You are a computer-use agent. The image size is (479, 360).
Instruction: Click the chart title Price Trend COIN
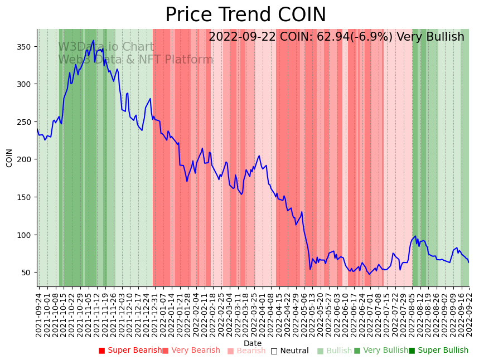[x=245, y=15]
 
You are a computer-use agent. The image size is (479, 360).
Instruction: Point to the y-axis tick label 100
[x=27, y=235]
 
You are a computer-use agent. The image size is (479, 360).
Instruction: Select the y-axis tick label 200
[x=27, y=159]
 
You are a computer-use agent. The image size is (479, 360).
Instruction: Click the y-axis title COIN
[x=9, y=158]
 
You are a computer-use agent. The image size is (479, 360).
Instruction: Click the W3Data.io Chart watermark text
[x=106, y=47]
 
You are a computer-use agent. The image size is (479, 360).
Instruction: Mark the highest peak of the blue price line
[x=94, y=41]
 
